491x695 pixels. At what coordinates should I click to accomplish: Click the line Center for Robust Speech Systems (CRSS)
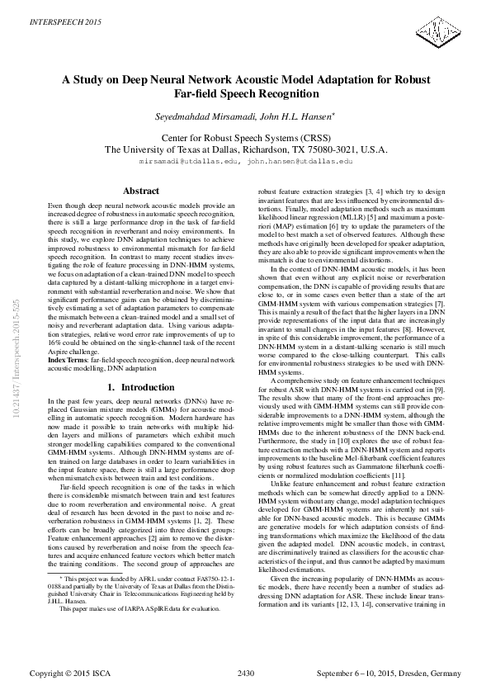pyautogui.click(x=245, y=139)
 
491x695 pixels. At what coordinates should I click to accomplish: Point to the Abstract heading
pyautogui.click(x=139, y=191)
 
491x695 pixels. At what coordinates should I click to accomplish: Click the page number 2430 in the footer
pyautogui.click(x=245, y=674)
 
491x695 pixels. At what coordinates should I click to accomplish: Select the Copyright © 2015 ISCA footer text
pyautogui.click(x=71, y=674)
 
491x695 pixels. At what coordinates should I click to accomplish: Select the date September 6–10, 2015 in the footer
pyautogui.click(x=350, y=674)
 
